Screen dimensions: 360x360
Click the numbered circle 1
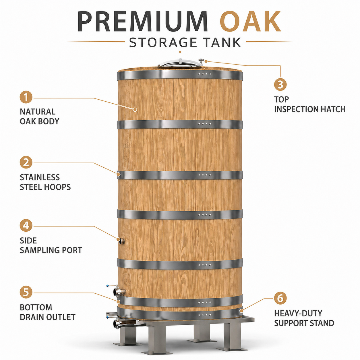[26, 97]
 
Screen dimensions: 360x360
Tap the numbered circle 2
[26, 162]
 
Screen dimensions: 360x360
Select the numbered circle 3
[280, 84]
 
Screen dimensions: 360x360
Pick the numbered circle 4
[26, 226]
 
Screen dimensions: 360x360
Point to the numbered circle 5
[26, 292]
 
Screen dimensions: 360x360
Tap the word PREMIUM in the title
[143, 22]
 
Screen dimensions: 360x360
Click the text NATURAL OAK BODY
[39, 117]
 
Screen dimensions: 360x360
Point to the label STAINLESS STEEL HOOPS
[45, 182]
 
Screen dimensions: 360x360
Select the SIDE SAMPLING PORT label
[51, 245]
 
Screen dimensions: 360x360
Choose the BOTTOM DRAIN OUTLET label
[47, 312]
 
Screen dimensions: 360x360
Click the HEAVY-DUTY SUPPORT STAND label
[304, 318]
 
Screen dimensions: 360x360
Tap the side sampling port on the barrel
[122, 241]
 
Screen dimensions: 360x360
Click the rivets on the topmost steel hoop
[205, 74]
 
